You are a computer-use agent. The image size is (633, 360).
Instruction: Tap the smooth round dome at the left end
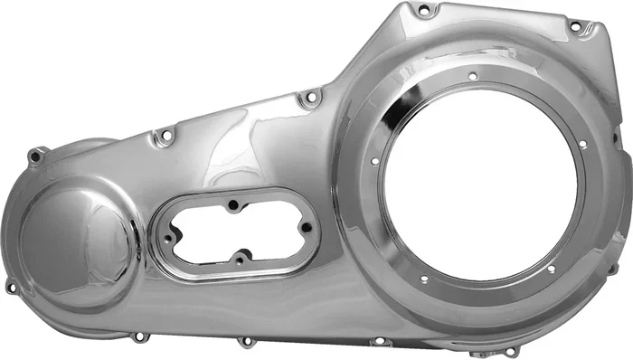(x=77, y=241)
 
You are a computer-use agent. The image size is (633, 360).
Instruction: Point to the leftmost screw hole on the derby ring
(x=374, y=162)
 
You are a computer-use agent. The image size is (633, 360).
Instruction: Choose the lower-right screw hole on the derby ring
(x=551, y=268)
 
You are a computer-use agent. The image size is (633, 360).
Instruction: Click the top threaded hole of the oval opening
(x=234, y=205)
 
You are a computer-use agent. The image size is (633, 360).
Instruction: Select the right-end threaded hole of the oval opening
(x=305, y=229)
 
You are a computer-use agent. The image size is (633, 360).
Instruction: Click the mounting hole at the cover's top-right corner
(x=575, y=27)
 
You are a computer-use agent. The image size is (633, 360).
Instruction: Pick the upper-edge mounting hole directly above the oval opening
(x=165, y=137)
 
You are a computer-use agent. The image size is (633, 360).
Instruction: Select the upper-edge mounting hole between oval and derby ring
(x=310, y=96)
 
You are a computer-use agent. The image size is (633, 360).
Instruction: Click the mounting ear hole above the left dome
(x=35, y=156)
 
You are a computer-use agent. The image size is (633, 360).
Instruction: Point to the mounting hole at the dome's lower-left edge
(x=11, y=288)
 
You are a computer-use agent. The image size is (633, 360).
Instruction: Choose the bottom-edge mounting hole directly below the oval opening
(x=245, y=342)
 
